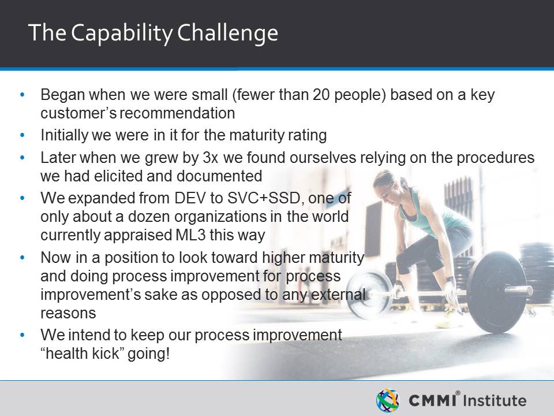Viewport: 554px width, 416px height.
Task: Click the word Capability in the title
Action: click(121, 34)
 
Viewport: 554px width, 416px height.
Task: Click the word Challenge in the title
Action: click(227, 34)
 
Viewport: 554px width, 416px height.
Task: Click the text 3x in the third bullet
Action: click(210, 158)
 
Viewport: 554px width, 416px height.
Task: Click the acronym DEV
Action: click(190, 198)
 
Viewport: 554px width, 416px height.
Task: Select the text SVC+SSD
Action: click(264, 198)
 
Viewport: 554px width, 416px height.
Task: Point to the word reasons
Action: click(68, 314)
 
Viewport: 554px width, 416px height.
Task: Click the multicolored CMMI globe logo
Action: click(388, 400)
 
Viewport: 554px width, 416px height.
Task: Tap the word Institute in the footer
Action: click(495, 400)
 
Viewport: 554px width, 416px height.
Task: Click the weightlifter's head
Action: click(385, 184)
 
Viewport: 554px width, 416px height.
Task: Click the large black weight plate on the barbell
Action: click(496, 292)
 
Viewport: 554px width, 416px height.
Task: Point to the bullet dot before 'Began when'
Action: click(23, 95)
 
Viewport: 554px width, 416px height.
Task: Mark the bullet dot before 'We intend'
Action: click(23, 335)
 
